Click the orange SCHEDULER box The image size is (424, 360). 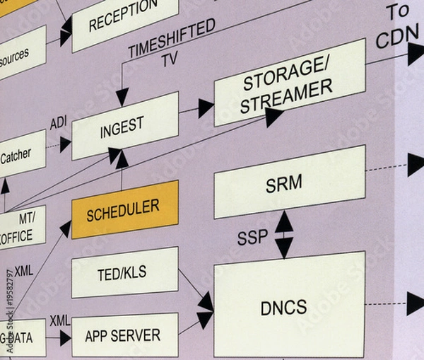coord(124,209)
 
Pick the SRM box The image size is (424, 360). coord(288,182)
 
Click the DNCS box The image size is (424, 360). coord(288,306)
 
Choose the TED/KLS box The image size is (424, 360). coord(124,272)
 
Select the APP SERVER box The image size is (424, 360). coord(124,335)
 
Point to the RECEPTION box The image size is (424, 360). coord(124,19)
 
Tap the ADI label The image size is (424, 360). coord(58,124)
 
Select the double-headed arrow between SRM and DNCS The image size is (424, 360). coord(283,234)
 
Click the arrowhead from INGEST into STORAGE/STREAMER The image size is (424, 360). coord(206,108)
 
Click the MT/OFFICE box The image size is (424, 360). coord(21,227)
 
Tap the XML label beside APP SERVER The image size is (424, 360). coord(60,320)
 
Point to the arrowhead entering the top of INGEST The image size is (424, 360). coord(122,97)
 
